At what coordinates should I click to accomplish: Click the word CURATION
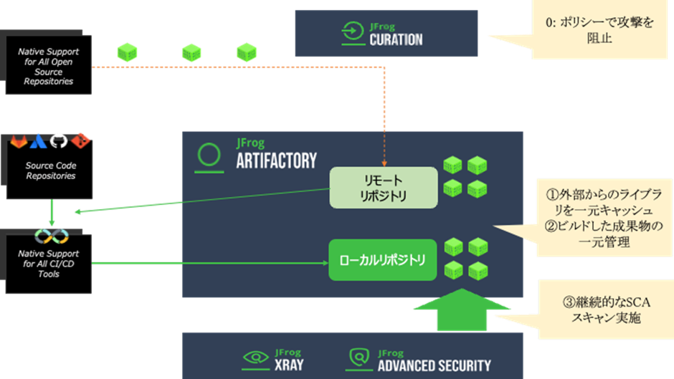pyautogui.click(x=396, y=39)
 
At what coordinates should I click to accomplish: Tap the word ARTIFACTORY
pyautogui.click(x=276, y=160)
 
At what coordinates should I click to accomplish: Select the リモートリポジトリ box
pyautogui.click(x=383, y=187)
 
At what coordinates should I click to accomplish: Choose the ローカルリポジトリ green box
pyautogui.click(x=383, y=259)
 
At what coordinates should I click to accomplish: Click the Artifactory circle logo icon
pyautogui.click(x=209, y=155)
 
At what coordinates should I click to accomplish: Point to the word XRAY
pyautogui.click(x=288, y=364)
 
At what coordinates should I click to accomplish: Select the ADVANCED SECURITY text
pyautogui.click(x=435, y=365)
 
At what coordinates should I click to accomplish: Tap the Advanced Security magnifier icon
pyautogui.click(x=360, y=357)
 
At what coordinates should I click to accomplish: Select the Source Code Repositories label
pyautogui.click(x=50, y=171)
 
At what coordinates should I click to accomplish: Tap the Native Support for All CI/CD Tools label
pyautogui.click(x=49, y=264)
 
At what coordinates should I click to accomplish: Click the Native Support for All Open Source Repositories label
pyautogui.click(x=49, y=67)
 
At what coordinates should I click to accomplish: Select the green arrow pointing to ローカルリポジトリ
pyautogui.click(x=208, y=264)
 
